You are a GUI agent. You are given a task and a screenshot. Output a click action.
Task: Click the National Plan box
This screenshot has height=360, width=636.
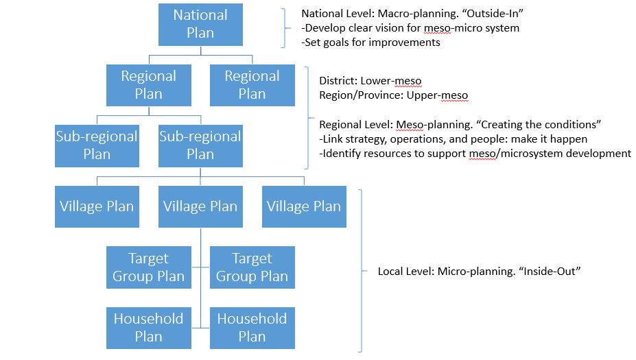point(200,25)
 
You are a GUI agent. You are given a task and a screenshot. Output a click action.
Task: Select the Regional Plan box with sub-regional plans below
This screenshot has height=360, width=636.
point(148,85)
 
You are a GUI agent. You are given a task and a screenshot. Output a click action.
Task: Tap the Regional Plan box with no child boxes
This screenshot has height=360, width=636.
point(252,85)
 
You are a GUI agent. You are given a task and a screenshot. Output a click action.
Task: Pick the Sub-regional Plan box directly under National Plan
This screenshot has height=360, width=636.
point(200,145)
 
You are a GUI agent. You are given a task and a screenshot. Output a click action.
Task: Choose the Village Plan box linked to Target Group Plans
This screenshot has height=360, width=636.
point(200,206)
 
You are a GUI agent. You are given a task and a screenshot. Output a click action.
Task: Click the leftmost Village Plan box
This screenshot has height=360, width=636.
point(97,206)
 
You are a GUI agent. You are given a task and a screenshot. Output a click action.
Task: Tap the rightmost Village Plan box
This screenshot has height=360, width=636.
point(304,206)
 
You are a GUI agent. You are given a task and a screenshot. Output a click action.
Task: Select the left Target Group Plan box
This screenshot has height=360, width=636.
point(148,267)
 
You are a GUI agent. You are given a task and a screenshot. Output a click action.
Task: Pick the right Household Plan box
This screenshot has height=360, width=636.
point(252,327)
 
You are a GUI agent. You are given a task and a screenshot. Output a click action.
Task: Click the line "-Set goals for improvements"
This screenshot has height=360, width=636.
point(371,42)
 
